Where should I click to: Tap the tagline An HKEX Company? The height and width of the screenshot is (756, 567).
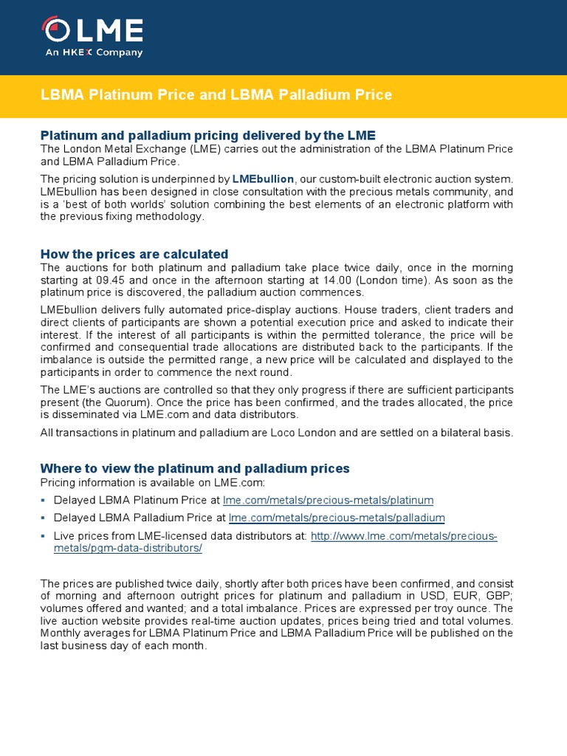pos(94,53)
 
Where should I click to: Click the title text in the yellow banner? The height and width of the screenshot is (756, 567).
pos(216,95)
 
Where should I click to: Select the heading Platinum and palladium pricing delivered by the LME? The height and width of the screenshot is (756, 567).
pos(207,135)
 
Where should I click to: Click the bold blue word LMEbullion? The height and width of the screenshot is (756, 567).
pos(263,179)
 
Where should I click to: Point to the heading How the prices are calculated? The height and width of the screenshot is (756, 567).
pos(134,254)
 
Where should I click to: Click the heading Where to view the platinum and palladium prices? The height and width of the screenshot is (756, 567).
pos(195,469)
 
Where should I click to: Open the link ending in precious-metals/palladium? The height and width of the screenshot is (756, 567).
pos(337,518)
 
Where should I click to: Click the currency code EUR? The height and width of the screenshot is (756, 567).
pos(451,596)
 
